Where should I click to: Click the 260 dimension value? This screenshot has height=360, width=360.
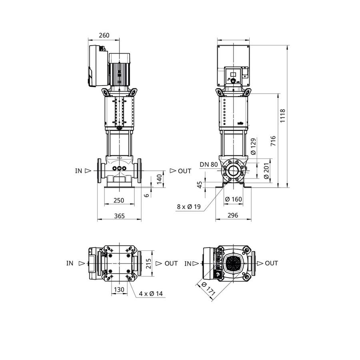[x=104, y=35]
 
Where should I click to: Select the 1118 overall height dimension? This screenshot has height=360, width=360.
[x=282, y=116]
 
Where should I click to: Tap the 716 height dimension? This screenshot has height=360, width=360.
[x=273, y=141]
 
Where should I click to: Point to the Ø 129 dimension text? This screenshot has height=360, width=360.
[x=253, y=146]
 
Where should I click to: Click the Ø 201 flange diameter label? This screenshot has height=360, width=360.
[x=266, y=171]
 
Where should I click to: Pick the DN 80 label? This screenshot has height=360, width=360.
[x=208, y=164]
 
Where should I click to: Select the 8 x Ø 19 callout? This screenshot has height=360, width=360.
[x=189, y=207]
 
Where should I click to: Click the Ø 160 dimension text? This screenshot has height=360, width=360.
[x=234, y=199]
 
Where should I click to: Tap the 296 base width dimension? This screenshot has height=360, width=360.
[x=233, y=215]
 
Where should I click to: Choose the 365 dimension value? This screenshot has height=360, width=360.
[x=119, y=216]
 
